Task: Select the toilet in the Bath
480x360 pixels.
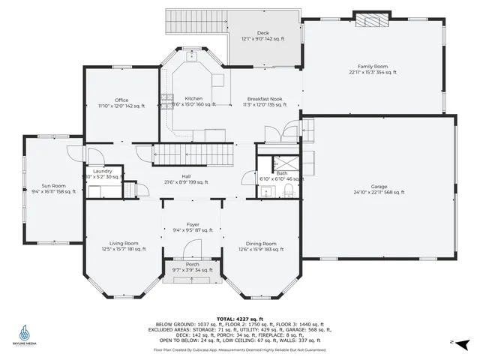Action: (x=289, y=193)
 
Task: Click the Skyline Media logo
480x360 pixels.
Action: (x=25, y=334)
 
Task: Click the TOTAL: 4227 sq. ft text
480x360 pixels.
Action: (x=239, y=298)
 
